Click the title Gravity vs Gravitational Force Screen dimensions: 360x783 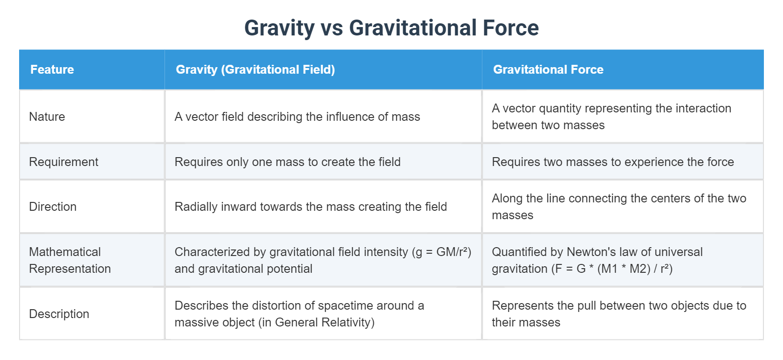click(391, 28)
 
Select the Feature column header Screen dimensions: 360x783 click(52, 69)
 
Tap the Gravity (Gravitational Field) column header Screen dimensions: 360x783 click(255, 69)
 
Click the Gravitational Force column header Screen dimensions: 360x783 click(548, 69)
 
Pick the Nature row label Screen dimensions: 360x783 click(47, 117)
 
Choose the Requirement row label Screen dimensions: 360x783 click(63, 162)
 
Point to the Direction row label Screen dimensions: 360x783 click(53, 207)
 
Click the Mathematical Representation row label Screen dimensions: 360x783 click(70, 260)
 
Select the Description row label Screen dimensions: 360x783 click(59, 314)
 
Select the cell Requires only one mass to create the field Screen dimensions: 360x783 click(288, 162)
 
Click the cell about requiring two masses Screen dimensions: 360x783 click(612, 162)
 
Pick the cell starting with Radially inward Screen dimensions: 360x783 click(310, 207)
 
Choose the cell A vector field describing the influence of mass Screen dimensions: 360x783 click(297, 117)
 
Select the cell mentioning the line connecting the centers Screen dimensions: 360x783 click(618, 207)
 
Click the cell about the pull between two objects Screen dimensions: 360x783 click(618, 314)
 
